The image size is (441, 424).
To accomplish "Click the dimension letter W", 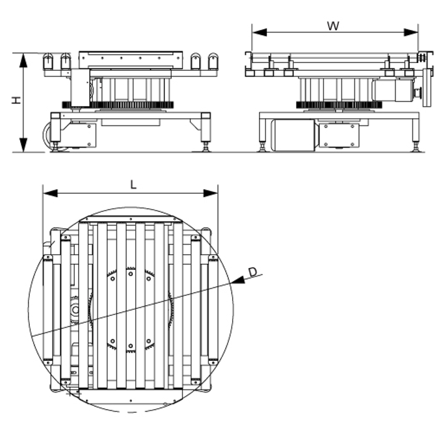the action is point(333,26).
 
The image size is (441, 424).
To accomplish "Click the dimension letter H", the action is point(16,100).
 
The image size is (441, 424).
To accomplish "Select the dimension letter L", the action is point(133,185).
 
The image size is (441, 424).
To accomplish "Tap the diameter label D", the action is point(253,272).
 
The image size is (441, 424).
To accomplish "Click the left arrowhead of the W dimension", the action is point(260,33).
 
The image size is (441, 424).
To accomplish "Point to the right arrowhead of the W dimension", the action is point(411,33).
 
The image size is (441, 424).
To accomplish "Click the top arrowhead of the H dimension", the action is point(23,60).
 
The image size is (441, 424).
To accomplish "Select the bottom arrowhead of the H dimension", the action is point(23,145).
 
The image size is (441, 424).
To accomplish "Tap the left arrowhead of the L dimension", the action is point(50,193).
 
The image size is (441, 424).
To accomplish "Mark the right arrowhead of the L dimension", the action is point(210,193).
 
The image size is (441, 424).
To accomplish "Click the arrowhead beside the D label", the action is point(238,280).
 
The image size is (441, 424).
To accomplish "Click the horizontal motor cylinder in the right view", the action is point(292,135).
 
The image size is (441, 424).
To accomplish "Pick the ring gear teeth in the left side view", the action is point(118,105).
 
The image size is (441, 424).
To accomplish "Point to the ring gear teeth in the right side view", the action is point(339,105).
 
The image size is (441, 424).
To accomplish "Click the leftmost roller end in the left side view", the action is point(48,61).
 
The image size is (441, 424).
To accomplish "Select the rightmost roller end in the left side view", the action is point(213,61).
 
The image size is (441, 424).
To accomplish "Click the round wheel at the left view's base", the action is point(48,135).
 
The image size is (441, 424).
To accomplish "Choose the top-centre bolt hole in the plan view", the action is point(131,219).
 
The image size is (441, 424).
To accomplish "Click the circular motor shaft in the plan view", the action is point(75,310).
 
